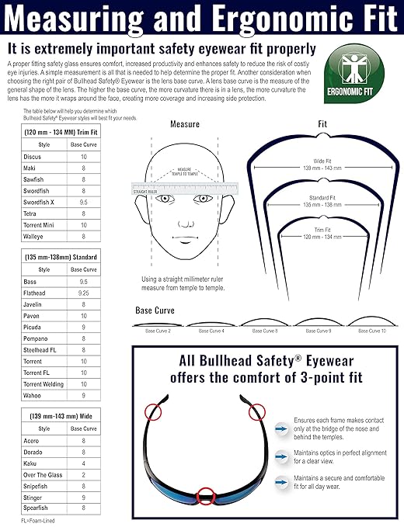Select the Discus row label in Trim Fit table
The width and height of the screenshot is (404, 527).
tap(33, 157)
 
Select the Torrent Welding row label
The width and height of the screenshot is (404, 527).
tap(44, 383)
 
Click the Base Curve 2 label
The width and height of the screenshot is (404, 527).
tap(158, 331)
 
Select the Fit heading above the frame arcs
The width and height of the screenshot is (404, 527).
tap(322, 124)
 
